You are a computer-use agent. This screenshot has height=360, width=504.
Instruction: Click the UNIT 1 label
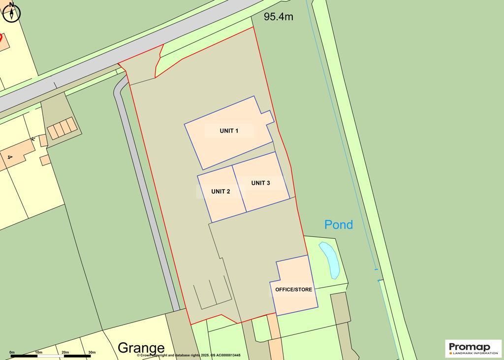229,131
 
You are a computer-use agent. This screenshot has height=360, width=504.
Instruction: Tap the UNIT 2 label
220,192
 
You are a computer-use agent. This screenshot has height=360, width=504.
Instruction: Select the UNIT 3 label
260,183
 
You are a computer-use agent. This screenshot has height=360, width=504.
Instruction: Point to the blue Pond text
339,225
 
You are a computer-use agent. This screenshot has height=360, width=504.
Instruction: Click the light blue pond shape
329,259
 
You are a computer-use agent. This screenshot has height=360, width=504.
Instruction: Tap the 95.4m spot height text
278,17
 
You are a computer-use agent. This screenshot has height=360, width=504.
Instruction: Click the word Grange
141,348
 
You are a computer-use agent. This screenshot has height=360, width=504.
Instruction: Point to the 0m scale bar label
12,352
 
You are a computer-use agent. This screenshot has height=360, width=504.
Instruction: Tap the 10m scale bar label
38,352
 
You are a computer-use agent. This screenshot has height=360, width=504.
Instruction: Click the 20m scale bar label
65,352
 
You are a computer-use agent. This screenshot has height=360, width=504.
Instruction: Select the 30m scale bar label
92,352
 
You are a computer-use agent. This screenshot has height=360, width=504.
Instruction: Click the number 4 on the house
9,157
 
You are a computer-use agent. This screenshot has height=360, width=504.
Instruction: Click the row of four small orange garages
63,128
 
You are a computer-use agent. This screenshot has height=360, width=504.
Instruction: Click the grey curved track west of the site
143,197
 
